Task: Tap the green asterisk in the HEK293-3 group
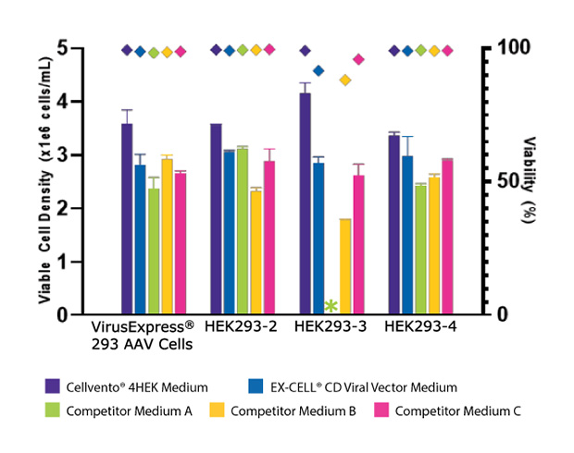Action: [331, 306]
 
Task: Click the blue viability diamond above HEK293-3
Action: [318, 70]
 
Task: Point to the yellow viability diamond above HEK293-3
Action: [345, 80]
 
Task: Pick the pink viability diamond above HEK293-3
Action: [358, 60]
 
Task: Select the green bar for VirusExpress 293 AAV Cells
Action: [154, 251]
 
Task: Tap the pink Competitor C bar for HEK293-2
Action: [269, 238]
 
